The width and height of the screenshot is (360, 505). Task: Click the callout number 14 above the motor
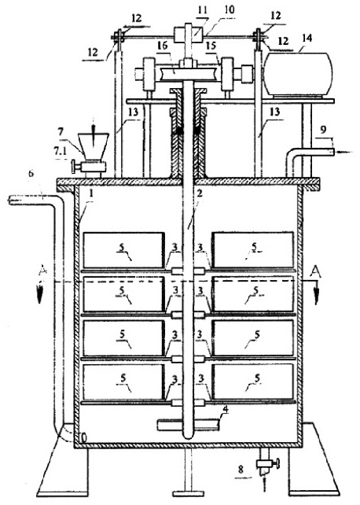click(307, 38)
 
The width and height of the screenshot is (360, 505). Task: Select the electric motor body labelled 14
click(297, 75)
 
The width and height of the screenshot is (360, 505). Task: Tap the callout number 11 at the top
click(202, 10)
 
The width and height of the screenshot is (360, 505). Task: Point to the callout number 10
click(230, 9)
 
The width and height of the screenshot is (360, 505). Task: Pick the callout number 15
click(211, 46)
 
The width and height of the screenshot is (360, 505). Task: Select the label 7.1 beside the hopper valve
click(61, 151)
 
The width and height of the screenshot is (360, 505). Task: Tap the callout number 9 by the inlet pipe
click(323, 130)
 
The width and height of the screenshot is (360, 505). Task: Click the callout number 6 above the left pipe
click(31, 173)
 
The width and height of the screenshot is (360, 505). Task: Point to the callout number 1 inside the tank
click(91, 194)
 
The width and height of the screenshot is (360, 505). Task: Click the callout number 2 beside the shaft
click(200, 194)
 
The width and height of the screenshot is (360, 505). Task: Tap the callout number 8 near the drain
click(241, 470)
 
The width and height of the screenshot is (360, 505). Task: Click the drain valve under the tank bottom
click(266, 464)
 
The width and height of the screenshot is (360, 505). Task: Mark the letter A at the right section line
click(316, 272)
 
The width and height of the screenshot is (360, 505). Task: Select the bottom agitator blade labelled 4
click(188, 425)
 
